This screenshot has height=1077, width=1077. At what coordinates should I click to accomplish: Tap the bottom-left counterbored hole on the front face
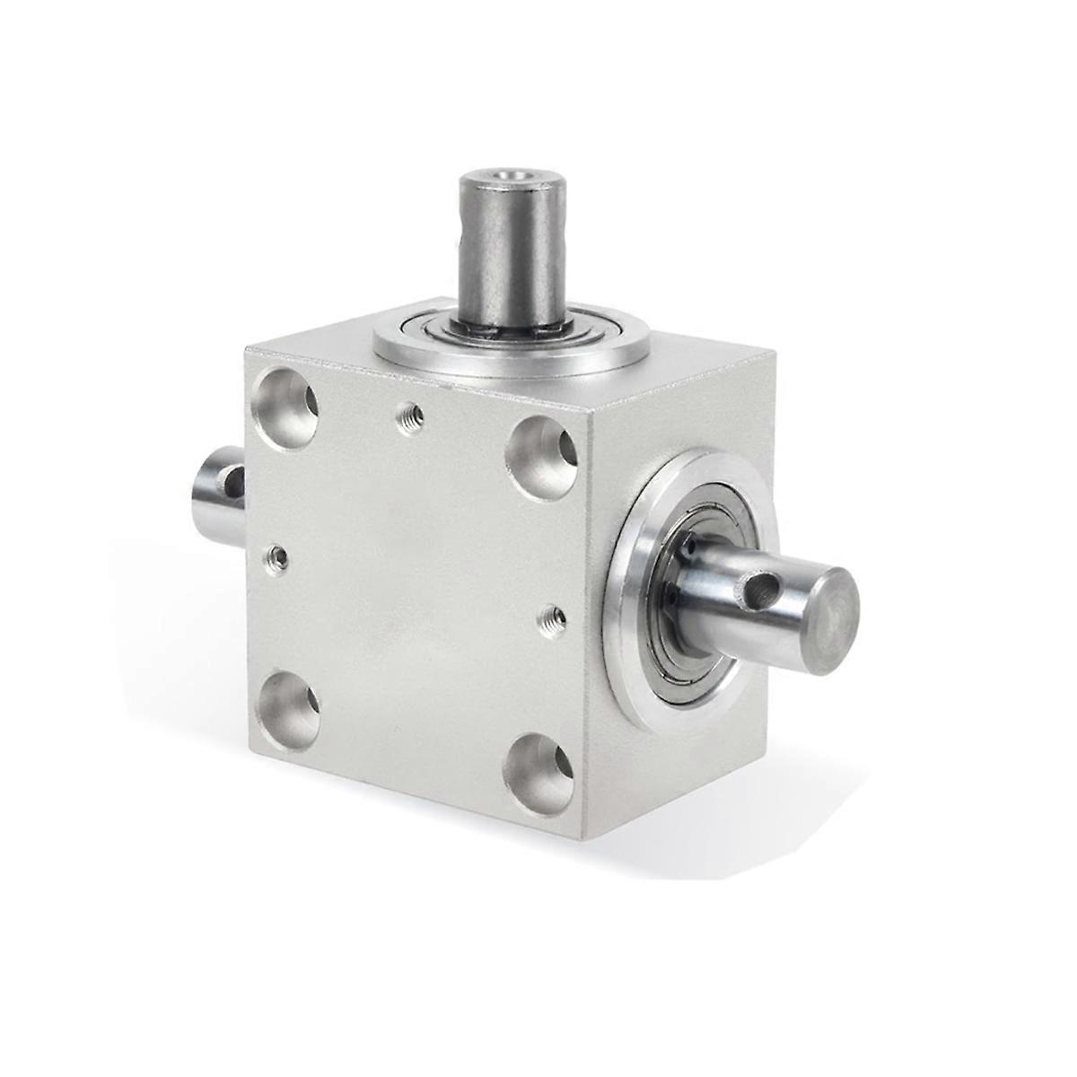[287, 710]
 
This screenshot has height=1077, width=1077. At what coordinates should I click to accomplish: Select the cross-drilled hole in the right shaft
[757, 589]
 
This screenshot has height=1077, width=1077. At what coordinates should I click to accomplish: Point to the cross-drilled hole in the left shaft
[234, 482]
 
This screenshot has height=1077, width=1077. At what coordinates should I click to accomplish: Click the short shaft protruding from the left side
[217, 495]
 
